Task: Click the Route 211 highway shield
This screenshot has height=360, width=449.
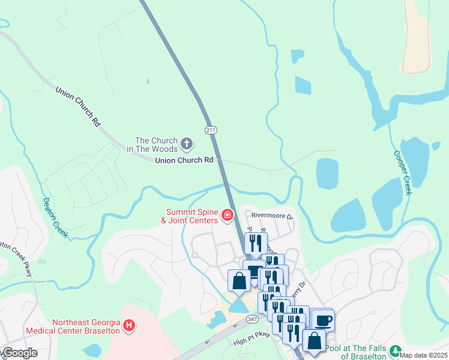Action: pos(210,130)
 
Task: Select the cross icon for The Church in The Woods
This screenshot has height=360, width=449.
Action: pos(187,144)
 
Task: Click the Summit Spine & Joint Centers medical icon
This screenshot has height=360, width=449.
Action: pos(227,215)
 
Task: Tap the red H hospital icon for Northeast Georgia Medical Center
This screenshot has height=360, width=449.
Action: pos(128,326)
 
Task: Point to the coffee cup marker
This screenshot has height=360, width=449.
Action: pos(323,320)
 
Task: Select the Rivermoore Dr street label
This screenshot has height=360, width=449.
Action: pos(271,216)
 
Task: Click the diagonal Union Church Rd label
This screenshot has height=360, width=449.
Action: pos(78,106)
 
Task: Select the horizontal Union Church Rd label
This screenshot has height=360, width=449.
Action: pos(184,160)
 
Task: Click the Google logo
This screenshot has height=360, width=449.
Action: pos(19,353)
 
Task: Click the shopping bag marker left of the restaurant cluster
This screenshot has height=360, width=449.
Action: pos(239,281)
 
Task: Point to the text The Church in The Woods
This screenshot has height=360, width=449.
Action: pos(148,145)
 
